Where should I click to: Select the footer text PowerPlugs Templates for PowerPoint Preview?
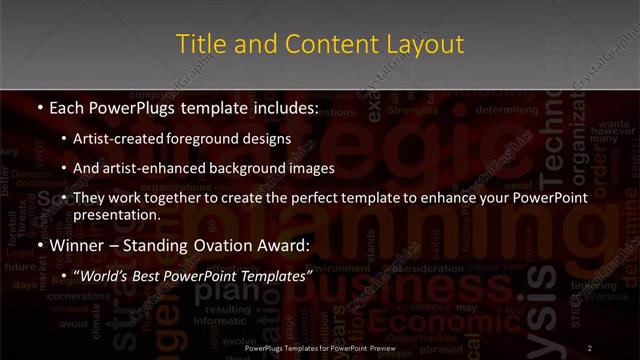320,347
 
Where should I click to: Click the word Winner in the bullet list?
76,245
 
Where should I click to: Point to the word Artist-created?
131,139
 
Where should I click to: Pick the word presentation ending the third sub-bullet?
124,214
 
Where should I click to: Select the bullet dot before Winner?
38,245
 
